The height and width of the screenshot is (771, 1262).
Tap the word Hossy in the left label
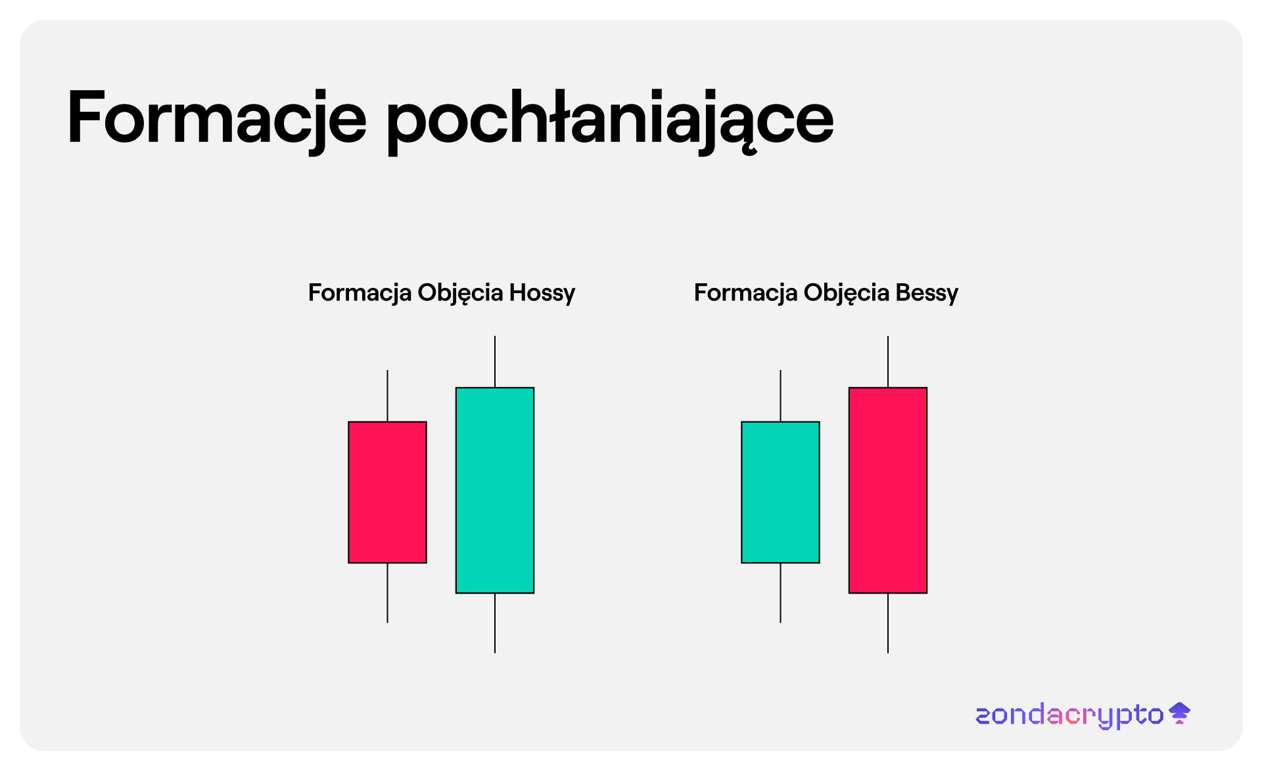tap(542, 293)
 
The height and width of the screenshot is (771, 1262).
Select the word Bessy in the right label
tap(927, 293)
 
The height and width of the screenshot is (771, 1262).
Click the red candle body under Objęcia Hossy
tap(387, 492)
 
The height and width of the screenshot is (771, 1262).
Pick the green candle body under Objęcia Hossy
tap(495, 490)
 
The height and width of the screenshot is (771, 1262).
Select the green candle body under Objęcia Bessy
tap(780, 492)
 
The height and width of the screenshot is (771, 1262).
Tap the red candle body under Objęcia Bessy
tap(888, 490)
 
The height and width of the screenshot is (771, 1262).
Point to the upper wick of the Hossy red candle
tap(387, 396)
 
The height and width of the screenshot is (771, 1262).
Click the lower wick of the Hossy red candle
tap(387, 593)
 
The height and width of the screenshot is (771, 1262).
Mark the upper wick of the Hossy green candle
tap(495, 362)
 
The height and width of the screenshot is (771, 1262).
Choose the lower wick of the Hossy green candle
tap(495, 623)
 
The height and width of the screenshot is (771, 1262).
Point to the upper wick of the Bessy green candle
tap(780, 396)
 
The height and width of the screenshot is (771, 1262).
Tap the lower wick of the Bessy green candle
tap(780, 593)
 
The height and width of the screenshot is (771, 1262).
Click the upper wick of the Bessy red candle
tap(888, 362)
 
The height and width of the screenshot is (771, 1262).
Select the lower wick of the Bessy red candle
tap(888, 623)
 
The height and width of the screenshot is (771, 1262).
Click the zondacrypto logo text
tap(1069, 715)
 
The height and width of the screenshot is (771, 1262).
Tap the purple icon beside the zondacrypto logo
tap(1180, 713)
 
